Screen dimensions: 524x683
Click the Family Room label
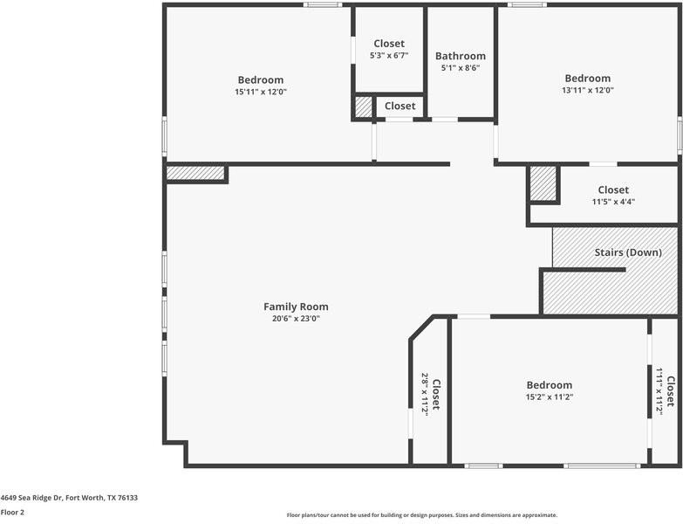296,307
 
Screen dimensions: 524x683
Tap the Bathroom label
460,57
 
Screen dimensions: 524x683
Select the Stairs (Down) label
627,252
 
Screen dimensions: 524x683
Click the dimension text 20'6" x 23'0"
296,319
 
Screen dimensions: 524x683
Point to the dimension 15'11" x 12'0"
260,92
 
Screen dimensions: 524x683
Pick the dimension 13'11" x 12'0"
587,90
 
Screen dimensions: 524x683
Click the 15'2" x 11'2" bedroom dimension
549,396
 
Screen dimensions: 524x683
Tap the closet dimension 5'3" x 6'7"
388,55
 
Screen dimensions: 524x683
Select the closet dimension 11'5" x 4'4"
612,202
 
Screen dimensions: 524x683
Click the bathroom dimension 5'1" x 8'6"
460,68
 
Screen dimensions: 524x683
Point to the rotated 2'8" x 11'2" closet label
430,394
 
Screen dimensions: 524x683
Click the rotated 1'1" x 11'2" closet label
665,390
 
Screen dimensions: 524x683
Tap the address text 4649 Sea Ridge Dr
69,498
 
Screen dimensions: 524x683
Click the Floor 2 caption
12,513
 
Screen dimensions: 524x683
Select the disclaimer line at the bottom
421,515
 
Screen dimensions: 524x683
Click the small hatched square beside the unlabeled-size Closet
363,107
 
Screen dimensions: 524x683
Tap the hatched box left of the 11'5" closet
543,183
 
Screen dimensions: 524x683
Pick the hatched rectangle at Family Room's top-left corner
195,173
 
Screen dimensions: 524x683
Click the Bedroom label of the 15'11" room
260,80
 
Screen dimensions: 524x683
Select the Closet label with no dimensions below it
400,107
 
